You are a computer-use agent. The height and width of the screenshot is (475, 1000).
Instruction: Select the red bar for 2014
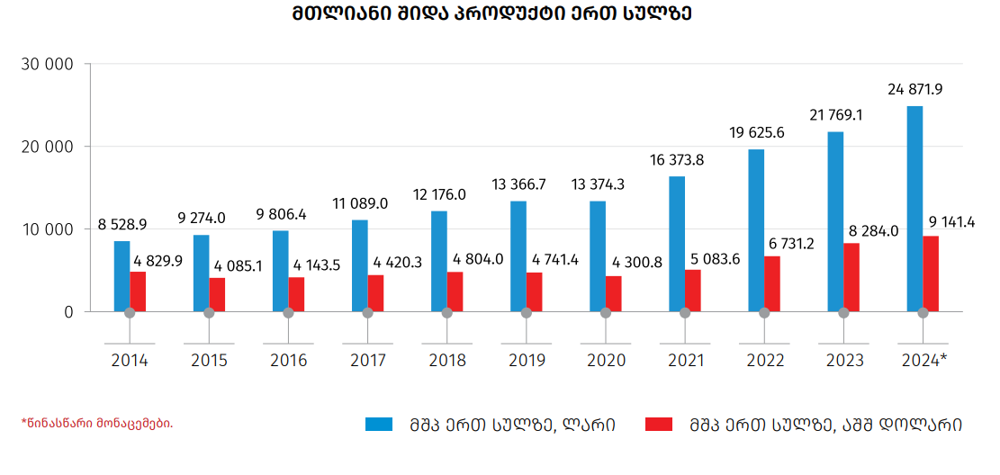coord(138,291)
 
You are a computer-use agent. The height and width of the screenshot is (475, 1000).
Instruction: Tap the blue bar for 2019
coord(518,256)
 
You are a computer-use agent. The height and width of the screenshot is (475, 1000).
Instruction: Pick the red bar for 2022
coord(772,284)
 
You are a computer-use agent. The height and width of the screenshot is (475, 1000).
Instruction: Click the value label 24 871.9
coord(914,90)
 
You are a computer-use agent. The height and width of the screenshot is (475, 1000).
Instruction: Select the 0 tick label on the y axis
coord(68,312)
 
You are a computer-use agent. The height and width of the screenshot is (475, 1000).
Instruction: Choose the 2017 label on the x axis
coord(367,361)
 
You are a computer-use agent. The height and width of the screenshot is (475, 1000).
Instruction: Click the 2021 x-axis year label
coord(685,361)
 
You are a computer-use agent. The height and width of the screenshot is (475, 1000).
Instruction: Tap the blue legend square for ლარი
coord(379,424)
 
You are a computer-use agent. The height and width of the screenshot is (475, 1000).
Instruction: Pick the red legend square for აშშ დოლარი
coord(660,424)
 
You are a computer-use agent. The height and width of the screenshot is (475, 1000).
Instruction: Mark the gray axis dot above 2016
coord(288,312)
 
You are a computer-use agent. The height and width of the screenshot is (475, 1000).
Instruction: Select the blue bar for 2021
coord(677,244)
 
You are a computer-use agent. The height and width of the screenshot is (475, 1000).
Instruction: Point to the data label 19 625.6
coord(757,132)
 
